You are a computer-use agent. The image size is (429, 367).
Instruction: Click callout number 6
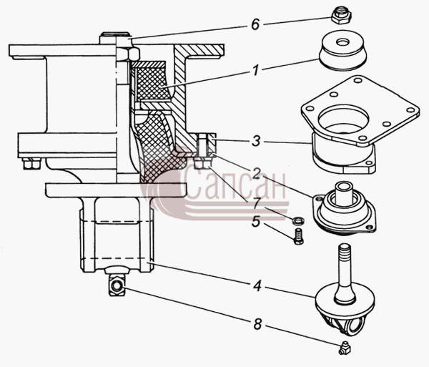tap(255, 24)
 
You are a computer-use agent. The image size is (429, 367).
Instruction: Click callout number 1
tap(255, 71)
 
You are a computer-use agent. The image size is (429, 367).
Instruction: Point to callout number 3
tap(256, 142)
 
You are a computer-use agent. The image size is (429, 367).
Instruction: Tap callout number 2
tap(256, 173)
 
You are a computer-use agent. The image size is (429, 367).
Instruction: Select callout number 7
tap(256, 204)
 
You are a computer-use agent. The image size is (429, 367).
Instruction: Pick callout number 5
tap(256, 222)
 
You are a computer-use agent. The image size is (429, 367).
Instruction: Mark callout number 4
tap(257, 287)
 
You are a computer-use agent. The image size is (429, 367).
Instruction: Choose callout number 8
tap(257, 325)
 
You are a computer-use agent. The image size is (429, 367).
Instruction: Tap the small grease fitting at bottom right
tap(345, 348)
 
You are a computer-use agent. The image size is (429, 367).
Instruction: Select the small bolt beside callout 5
tap(298, 237)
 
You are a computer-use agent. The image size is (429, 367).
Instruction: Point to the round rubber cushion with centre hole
tap(342, 51)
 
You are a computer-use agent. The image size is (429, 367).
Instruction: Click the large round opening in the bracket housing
tap(343, 118)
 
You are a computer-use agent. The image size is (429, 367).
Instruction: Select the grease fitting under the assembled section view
tap(117, 285)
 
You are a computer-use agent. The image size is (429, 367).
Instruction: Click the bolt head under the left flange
tap(31, 163)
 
